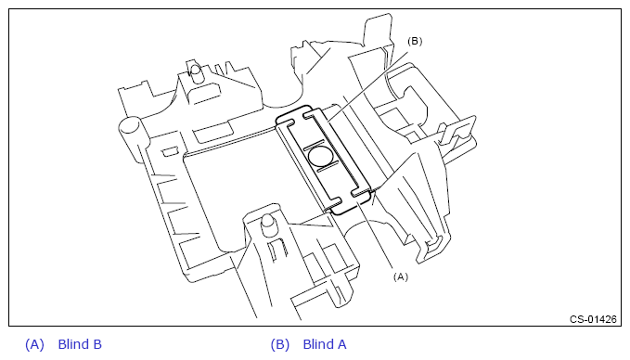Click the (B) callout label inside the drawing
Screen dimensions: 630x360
tap(415, 42)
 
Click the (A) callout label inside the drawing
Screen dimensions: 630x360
tap(401, 276)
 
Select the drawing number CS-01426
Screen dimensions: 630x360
tap(593, 319)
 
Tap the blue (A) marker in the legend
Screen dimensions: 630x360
tap(34, 344)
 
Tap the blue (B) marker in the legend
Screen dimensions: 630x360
tap(279, 344)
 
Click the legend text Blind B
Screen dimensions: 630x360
tap(80, 344)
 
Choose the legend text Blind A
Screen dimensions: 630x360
tap(325, 344)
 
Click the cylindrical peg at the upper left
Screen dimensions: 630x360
tap(196, 73)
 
